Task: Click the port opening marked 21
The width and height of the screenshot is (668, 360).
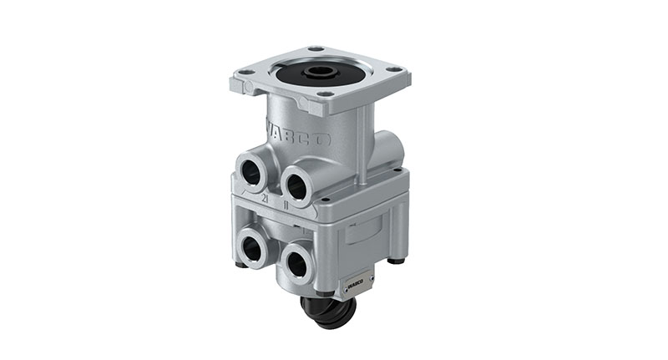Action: pyautogui.click(x=251, y=171)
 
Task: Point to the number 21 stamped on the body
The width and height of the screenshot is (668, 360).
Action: pyautogui.click(x=264, y=199)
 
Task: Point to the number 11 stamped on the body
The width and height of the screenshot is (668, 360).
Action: pyautogui.click(x=286, y=202)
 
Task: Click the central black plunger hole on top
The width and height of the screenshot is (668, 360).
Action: pyautogui.click(x=318, y=74)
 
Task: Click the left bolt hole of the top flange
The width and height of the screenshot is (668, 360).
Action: pyautogui.click(x=248, y=73)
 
